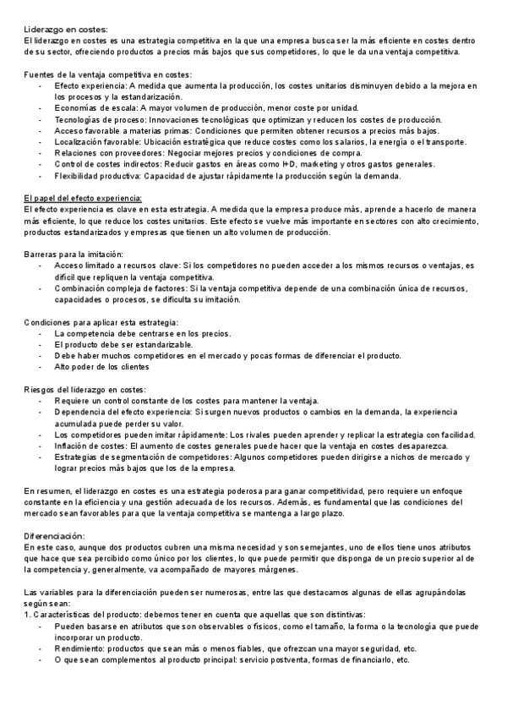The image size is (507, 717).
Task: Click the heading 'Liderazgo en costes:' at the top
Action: pos(65,29)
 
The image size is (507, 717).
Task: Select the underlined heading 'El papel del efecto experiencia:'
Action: pos(83,198)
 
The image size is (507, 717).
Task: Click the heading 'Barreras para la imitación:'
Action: pos(74,254)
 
